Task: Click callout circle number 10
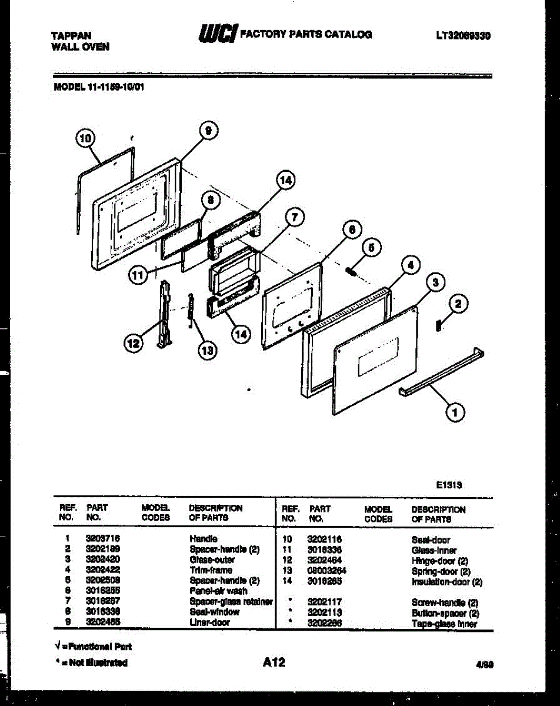(x=85, y=139)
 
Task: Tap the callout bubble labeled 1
(x=454, y=413)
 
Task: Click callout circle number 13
(x=207, y=351)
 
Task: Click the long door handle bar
(x=441, y=374)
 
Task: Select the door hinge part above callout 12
(x=165, y=315)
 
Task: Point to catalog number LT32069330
(x=464, y=36)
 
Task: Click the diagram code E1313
(x=448, y=485)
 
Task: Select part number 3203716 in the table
(x=99, y=538)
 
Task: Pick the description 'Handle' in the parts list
(x=204, y=538)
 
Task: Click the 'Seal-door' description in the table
(x=431, y=540)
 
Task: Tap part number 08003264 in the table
(x=326, y=571)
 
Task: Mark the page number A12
(x=274, y=662)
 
